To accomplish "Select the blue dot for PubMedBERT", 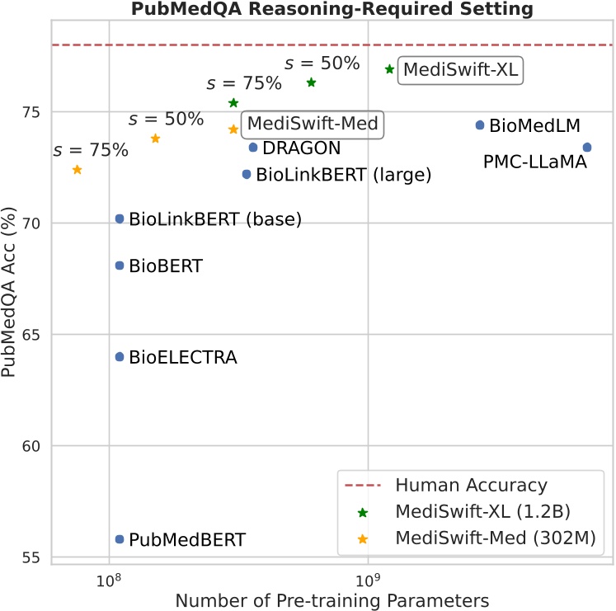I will pyautogui.click(x=120, y=539).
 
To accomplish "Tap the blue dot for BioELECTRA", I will pyautogui.click(x=120, y=357).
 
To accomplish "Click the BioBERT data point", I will pyautogui.click(x=120, y=266).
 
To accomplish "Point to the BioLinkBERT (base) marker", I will pyautogui.click(x=120, y=219).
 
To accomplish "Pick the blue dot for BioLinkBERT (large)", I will pyautogui.click(x=247, y=174).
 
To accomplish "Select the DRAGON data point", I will pyautogui.click(x=253, y=148).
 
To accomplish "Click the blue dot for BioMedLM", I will pyautogui.click(x=480, y=125).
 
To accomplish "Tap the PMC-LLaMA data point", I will pyautogui.click(x=587, y=148).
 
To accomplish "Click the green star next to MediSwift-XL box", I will pyautogui.click(x=389, y=69).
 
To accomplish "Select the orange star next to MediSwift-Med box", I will pyautogui.click(x=233, y=129).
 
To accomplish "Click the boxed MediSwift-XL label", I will pyautogui.click(x=460, y=71).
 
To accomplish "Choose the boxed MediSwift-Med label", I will pyautogui.click(x=313, y=125).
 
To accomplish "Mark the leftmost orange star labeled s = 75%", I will pyautogui.click(x=77, y=170).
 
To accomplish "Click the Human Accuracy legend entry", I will pyautogui.click(x=471, y=485).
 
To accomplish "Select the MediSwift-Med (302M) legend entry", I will pyautogui.click(x=495, y=538).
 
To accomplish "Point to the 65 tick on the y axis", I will pyautogui.click(x=33, y=335).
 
